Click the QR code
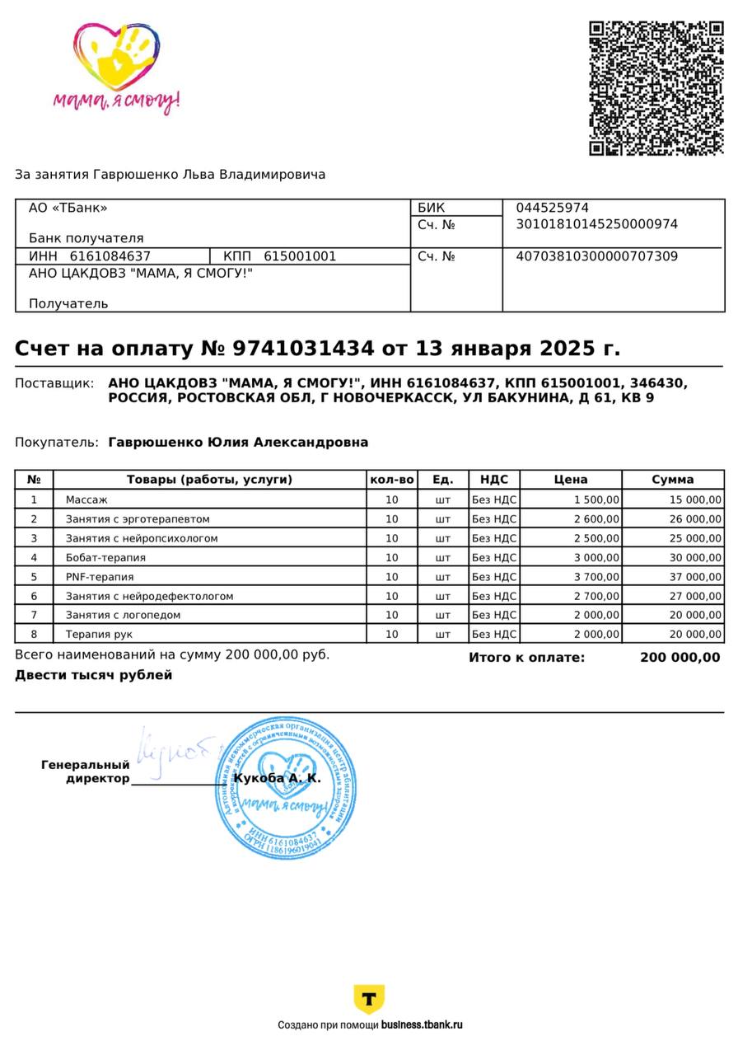click(x=656, y=88)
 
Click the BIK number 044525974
click(x=552, y=208)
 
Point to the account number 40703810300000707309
click(x=596, y=256)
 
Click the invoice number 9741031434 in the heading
click(x=303, y=349)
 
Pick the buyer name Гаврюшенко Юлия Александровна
click(x=238, y=443)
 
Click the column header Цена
click(x=571, y=480)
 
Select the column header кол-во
click(x=392, y=480)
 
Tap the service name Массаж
click(x=86, y=499)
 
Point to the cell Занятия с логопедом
click(x=123, y=615)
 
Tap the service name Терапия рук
click(x=99, y=635)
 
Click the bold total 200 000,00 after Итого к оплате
click(x=680, y=658)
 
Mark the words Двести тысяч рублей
click(x=94, y=675)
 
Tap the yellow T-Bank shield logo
click(x=369, y=999)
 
